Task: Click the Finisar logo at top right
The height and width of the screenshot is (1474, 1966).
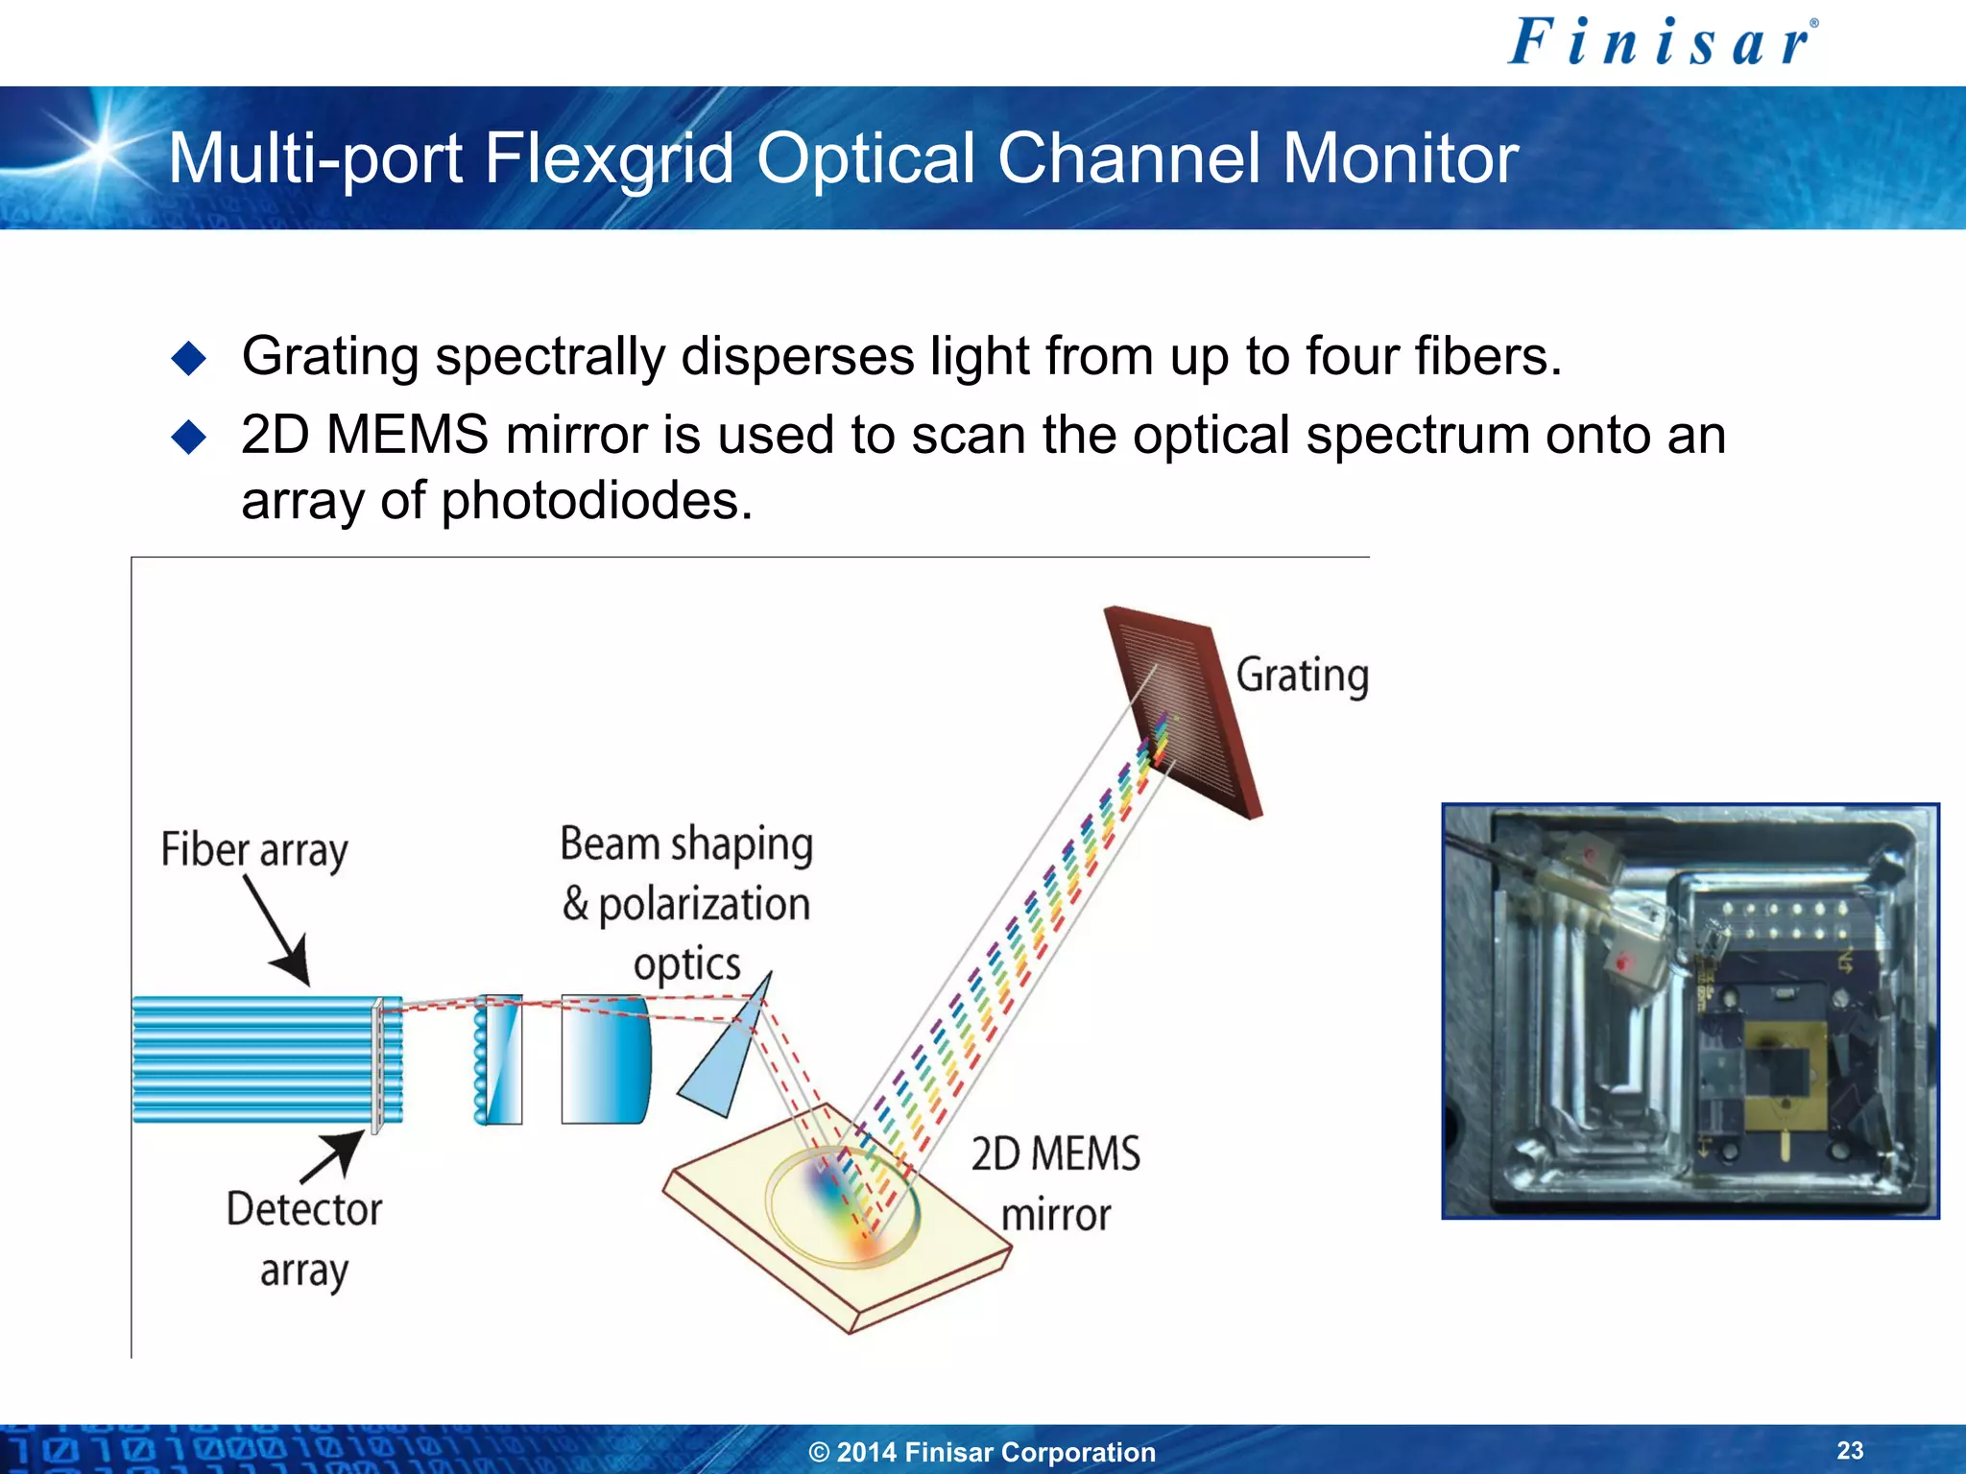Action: click(1662, 43)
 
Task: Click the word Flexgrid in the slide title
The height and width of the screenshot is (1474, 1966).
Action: click(611, 158)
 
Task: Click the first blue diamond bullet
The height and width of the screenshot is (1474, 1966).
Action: click(188, 358)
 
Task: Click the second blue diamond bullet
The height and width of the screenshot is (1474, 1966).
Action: click(188, 438)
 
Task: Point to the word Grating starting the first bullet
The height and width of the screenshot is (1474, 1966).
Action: click(329, 357)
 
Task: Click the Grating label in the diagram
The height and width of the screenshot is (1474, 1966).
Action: click(1301, 676)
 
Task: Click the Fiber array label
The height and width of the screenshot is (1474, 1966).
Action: click(253, 850)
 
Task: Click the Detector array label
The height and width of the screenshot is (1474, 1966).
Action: click(303, 1239)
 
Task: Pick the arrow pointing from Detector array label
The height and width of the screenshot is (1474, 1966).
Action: click(331, 1156)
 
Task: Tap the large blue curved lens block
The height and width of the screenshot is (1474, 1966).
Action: click(605, 1059)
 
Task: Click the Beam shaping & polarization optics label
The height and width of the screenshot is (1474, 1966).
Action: click(686, 902)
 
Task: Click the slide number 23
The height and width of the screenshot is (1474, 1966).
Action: click(1850, 1450)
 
